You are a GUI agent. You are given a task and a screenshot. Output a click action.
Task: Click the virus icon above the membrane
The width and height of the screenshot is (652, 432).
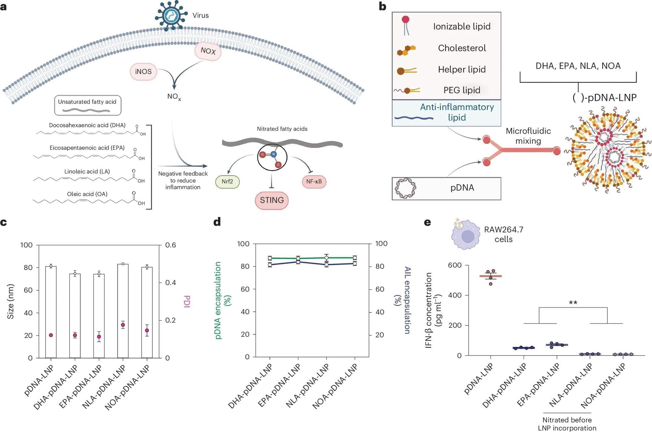171,15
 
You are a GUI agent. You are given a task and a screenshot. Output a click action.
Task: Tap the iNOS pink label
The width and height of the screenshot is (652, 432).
144,72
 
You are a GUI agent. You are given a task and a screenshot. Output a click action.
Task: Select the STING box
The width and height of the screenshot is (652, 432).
272,200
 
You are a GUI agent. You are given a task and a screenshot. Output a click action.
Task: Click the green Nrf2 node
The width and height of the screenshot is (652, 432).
227,181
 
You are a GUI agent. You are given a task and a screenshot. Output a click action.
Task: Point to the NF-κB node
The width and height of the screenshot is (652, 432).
314,181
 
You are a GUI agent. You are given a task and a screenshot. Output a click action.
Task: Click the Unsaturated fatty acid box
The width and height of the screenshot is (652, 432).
87,105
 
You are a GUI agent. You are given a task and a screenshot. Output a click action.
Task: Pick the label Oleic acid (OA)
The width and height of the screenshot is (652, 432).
87,194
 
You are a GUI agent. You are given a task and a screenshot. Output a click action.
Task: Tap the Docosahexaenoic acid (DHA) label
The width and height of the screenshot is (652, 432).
87,125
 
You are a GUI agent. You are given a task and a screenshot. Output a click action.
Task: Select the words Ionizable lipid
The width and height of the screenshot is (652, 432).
462,26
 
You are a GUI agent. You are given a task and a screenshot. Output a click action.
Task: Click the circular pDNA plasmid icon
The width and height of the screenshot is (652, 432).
405,188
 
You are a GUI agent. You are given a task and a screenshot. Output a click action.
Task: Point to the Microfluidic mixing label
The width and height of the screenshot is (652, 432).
528,136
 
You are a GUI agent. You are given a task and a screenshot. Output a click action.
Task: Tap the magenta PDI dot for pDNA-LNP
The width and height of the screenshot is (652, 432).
51,335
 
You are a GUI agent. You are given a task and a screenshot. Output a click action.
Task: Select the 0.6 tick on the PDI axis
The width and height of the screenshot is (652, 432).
171,245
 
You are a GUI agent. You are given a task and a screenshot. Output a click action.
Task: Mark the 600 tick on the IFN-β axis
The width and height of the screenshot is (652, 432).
455,265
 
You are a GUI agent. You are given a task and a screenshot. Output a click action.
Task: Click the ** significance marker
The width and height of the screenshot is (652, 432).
573,303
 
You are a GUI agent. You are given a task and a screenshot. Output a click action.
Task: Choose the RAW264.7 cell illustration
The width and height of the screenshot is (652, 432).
465,235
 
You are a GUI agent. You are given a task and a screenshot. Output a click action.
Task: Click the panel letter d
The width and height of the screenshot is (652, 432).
217,222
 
